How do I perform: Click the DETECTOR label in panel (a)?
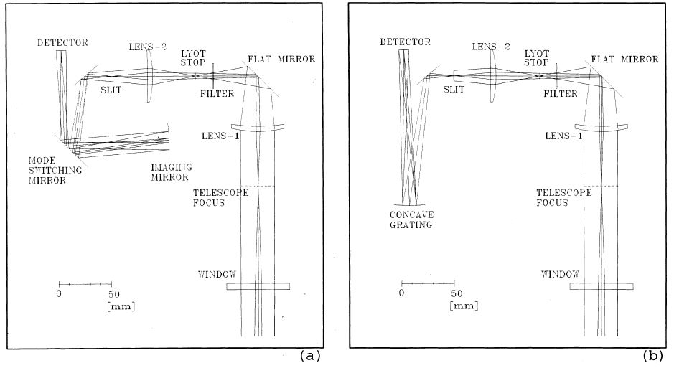(x=62, y=43)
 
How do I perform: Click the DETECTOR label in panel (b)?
(x=406, y=43)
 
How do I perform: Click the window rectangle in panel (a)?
(x=258, y=286)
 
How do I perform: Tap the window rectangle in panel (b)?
(x=601, y=286)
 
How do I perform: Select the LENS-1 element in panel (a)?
(x=258, y=128)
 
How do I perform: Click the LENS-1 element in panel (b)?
(x=601, y=128)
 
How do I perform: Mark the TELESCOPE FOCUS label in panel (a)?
(x=222, y=197)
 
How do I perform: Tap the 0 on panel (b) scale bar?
(x=402, y=293)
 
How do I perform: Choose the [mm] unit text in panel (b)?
(x=461, y=306)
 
